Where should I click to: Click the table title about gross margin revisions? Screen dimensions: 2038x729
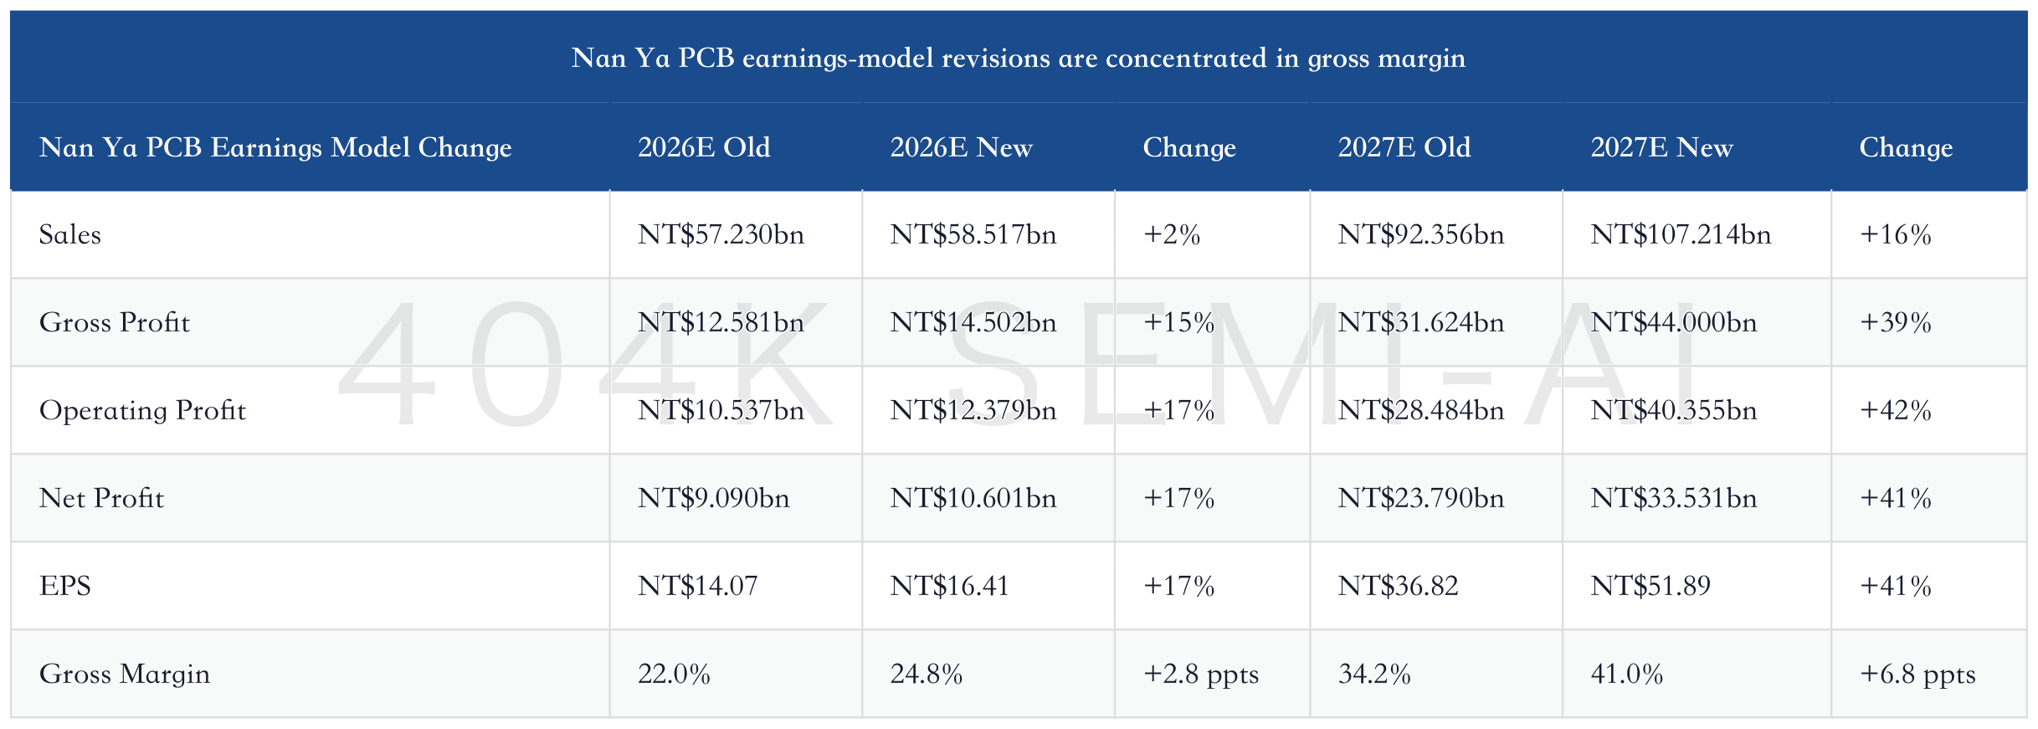point(1018,58)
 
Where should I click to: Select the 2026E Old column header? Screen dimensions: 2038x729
point(704,147)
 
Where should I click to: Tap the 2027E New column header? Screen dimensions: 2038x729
point(1661,147)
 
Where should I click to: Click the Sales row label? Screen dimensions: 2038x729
point(70,234)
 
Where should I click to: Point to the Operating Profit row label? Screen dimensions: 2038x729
point(142,410)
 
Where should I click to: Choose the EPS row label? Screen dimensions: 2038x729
point(65,586)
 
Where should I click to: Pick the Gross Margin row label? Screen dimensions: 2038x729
point(125,674)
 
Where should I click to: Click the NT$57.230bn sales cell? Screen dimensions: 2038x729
point(721,234)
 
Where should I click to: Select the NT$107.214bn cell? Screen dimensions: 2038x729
point(1681,234)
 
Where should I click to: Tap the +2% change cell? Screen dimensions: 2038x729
point(1172,234)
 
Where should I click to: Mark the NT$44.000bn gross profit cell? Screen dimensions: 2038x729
point(1673,322)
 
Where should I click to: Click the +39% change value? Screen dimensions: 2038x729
point(1896,322)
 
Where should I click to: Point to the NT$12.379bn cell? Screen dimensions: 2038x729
point(973,410)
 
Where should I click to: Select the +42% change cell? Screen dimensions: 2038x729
point(1896,410)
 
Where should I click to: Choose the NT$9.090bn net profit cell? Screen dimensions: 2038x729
point(713,498)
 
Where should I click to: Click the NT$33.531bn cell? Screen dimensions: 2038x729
point(1673,498)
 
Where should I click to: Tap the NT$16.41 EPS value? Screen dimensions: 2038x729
point(949,586)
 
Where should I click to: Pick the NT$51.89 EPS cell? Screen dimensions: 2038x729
point(1650,586)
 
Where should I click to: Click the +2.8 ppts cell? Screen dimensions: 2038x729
point(1201,675)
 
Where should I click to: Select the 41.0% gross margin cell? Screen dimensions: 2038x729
point(1626,674)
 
